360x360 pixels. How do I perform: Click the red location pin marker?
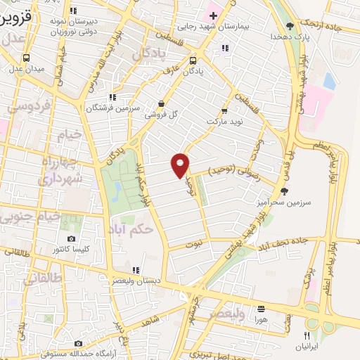pyautogui.click(x=181, y=165)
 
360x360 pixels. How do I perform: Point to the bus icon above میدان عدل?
pyautogui.click(x=26, y=58)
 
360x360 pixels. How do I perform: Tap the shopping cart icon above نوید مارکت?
pyautogui.click(x=224, y=110)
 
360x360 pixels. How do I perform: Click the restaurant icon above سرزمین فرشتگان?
pyautogui.click(x=112, y=98)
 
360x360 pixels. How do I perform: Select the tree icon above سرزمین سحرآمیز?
pyautogui.click(x=284, y=190)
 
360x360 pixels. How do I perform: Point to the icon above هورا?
pyautogui.click(x=262, y=308)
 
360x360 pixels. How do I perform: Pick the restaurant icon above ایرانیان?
pyautogui.click(x=307, y=335)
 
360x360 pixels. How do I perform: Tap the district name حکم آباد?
pyautogui.click(x=131, y=229)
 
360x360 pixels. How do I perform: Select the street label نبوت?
pyautogui.click(x=193, y=245)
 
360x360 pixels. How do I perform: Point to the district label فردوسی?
pyautogui.click(x=28, y=106)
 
